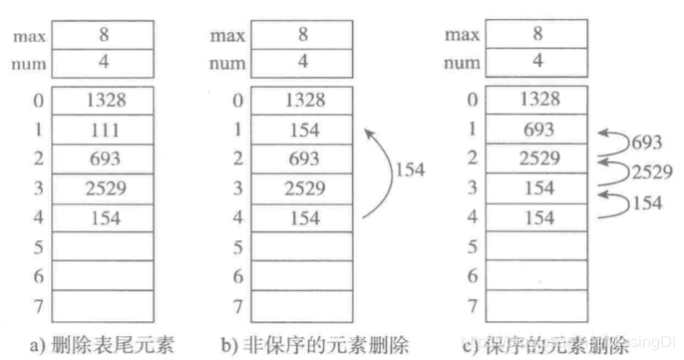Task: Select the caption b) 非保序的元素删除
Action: click(x=299, y=346)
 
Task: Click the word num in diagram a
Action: click(x=30, y=64)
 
